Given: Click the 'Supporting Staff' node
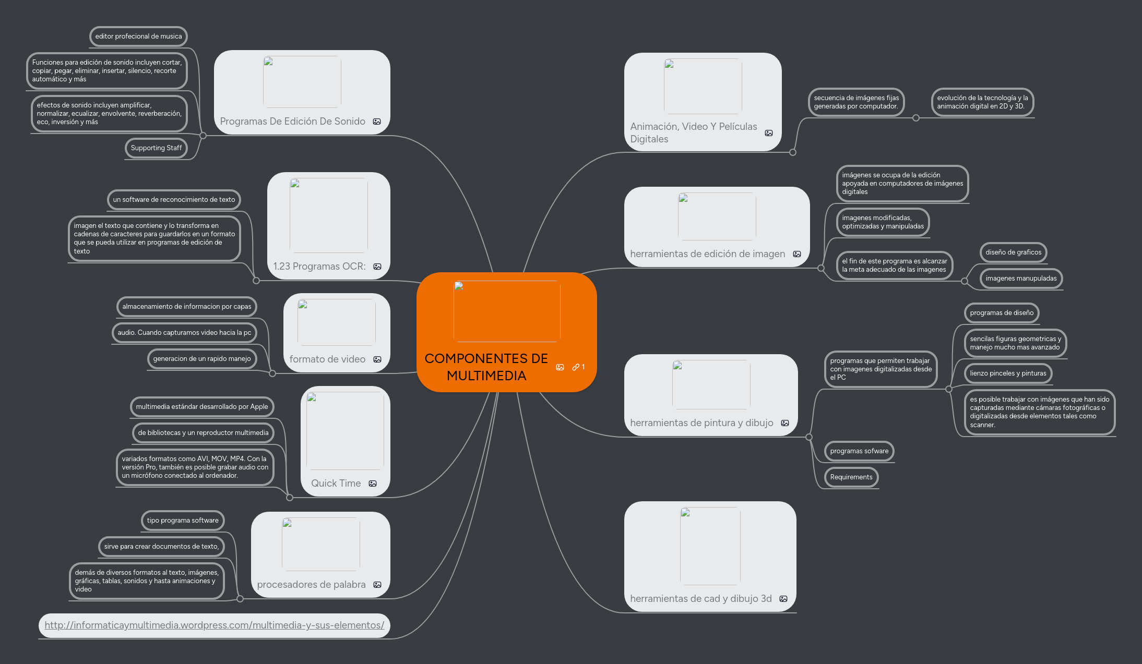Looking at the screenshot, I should [156, 148].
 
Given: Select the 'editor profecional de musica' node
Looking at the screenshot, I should [138, 37].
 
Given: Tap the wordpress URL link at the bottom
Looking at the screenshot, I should [214, 625].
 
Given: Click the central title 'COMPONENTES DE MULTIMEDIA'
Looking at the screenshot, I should [486, 367].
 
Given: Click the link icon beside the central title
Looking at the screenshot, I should [576, 367].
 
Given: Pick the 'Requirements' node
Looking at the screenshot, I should [851, 477].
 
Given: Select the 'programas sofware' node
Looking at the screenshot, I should [859, 451].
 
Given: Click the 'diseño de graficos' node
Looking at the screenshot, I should [1013, 252].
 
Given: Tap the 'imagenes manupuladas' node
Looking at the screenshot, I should [1020, 279].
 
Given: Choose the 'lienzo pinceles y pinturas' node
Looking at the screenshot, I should [1007, 373].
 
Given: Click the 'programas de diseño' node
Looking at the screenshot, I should [1001, 313].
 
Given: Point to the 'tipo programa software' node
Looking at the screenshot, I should [183, 521].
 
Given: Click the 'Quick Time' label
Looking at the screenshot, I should [336, 484].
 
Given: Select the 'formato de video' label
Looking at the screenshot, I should [327, 359].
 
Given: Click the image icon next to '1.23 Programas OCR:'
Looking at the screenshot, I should [377, 267].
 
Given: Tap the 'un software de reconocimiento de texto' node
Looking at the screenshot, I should [174, 200].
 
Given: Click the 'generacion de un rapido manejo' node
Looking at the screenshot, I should [201, 359].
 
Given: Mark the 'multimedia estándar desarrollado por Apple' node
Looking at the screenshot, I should [201, 407].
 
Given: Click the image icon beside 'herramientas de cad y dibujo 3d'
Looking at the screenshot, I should [783, 599].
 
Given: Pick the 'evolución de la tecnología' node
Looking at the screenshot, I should [982, 102].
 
